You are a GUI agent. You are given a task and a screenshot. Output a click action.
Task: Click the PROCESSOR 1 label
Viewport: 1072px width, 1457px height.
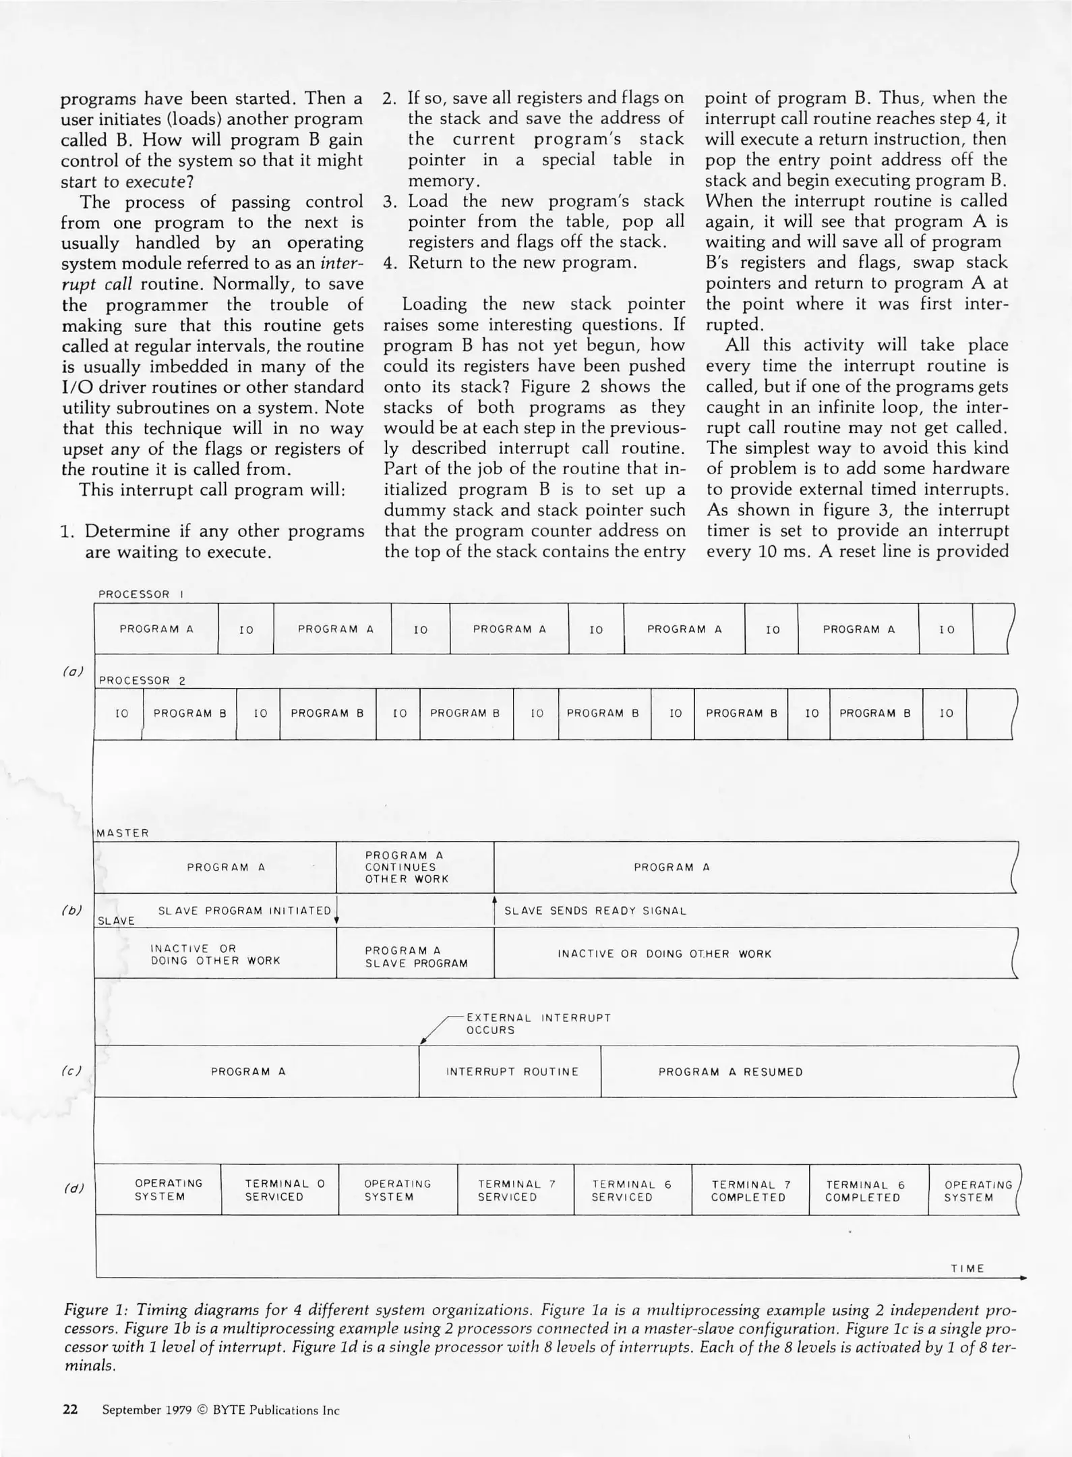point(141,594)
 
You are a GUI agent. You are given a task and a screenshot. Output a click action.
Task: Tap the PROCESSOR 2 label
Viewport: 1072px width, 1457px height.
point(142,681)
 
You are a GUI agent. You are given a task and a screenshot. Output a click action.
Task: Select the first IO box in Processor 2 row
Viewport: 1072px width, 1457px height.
point(121,713)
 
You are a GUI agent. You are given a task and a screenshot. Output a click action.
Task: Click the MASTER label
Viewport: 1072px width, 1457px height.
point(122,833)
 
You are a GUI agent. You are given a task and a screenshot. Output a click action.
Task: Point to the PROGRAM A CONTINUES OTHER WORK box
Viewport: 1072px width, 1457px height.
point(414,867)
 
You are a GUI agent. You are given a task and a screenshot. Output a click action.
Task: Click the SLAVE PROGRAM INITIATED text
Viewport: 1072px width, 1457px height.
point(245,911)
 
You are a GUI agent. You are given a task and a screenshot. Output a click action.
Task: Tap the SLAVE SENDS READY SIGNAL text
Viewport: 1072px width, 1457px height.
point(595,911)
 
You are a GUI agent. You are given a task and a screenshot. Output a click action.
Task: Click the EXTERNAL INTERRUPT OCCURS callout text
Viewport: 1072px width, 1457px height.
point(538,1024)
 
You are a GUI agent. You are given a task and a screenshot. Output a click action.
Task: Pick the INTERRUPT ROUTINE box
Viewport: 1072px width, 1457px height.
point(512,1072)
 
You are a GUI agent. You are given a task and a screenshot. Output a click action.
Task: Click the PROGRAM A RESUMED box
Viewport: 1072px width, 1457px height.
point(730,1072)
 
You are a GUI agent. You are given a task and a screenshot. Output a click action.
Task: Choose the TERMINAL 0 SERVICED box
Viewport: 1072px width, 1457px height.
point(280,1191)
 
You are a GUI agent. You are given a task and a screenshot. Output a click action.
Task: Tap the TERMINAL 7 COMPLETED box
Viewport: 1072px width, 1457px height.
point(750,1191)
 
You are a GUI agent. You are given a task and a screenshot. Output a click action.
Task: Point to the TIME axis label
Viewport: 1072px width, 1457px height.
point(967,1269)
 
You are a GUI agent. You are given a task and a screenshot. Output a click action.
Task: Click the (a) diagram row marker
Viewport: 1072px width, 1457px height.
point(72,672)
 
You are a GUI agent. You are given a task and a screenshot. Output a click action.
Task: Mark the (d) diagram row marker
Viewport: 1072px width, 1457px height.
point(72,1189)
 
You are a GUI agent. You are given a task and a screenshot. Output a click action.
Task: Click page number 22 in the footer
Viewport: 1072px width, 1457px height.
point(70,1410)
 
